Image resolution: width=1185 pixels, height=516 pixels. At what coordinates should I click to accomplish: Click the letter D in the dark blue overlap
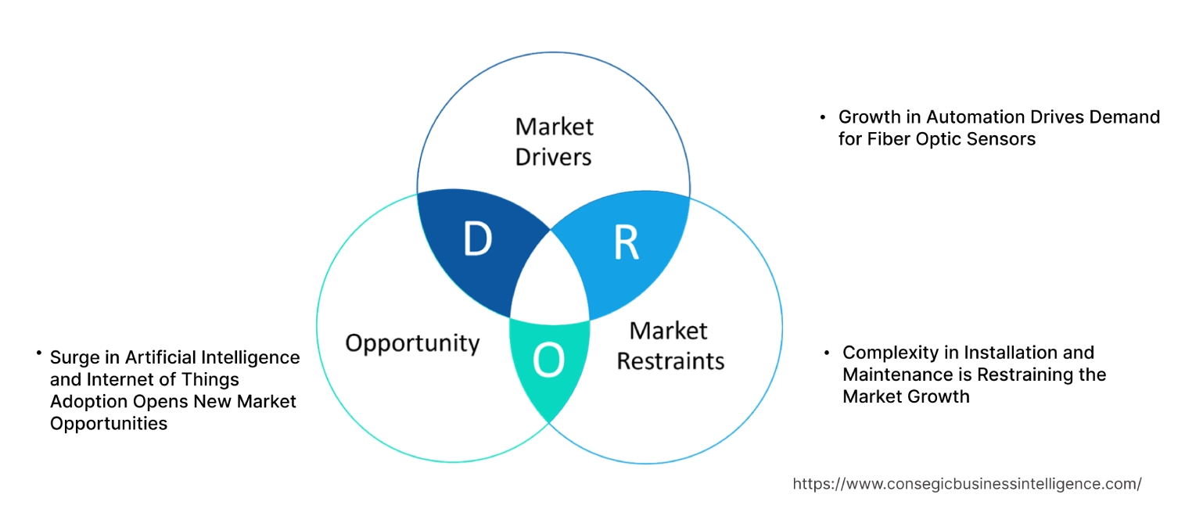point(476,240)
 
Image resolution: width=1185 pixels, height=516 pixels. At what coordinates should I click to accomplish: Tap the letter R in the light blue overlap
point(626,243)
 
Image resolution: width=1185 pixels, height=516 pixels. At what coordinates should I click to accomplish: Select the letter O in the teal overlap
point(548,360)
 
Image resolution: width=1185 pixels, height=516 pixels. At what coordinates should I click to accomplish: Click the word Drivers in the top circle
point(553,156)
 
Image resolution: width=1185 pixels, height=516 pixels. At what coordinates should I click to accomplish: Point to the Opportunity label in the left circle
point(412,342)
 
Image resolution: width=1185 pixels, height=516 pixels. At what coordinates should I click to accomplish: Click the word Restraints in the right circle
point(670,360)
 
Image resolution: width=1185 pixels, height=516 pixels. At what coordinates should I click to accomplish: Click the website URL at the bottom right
point(967,484)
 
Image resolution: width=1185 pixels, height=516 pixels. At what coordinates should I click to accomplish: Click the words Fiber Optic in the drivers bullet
point(902,139)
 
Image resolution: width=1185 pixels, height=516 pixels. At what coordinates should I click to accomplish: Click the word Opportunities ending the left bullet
point(109,424)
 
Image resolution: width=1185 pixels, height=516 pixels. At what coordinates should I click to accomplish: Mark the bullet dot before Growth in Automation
point(822,117)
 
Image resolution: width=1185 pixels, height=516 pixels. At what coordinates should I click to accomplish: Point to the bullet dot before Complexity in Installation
point(827,353)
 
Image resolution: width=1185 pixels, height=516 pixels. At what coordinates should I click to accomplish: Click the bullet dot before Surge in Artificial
point(38,354)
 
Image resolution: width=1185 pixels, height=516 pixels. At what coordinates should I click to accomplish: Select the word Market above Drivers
point(553,126)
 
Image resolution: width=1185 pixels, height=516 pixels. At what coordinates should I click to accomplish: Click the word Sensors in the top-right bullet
point(1001,139)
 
